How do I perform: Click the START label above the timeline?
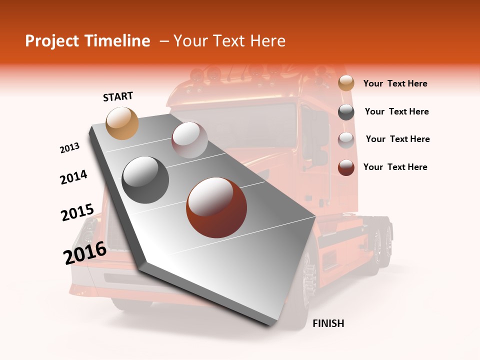click(118, 96)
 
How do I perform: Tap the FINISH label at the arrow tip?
click(328, 323)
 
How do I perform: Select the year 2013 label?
click(69, 148)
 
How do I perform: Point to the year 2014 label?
click(73, 177)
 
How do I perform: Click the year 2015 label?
click(77, 212)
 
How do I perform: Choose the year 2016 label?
click(84, 252)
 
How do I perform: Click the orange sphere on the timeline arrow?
click(122, 123)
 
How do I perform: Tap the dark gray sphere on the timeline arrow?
click(145, 180)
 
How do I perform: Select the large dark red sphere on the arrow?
click(216, 207)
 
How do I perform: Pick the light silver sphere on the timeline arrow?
click(189, 140)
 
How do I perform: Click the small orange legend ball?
click(346, 83)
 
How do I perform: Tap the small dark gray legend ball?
click(346, 112)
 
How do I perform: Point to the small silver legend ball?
click(346, 139)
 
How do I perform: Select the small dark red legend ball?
click(346, 167)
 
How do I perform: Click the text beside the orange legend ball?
click(395, 83)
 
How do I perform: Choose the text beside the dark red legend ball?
click(395, 167)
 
